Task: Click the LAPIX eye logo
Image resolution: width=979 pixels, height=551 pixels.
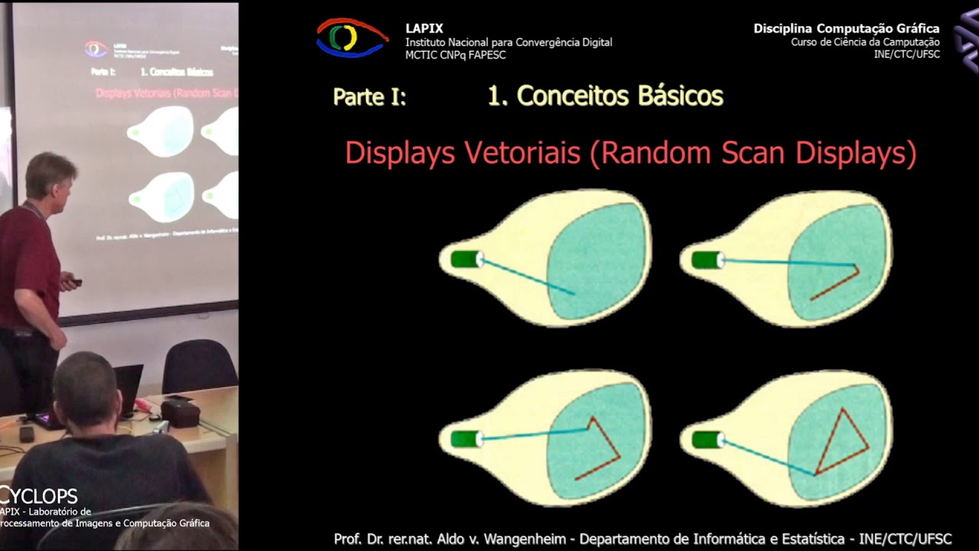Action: click(x=352, y=38)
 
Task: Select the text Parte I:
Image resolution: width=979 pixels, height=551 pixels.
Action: click(x=369, y=97)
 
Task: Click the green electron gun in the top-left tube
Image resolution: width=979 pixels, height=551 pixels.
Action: click(x=466, y=259)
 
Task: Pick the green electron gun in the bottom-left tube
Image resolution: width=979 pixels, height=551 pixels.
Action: click(x=466, y=439)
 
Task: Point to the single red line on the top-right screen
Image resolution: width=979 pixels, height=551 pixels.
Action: click(x=835, y=284)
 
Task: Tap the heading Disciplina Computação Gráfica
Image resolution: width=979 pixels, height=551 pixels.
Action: click(x=846, y=28)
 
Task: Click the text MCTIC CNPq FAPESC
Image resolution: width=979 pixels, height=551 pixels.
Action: click(x=455, y=55)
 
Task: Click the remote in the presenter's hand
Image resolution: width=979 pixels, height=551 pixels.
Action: click(x=73, y=282)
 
